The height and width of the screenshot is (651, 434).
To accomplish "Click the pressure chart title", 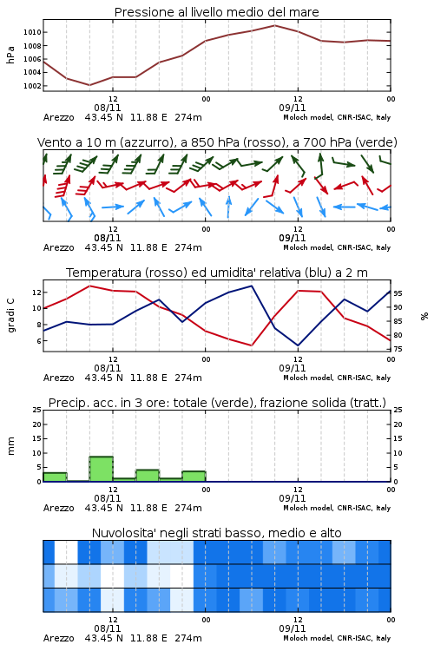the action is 216,12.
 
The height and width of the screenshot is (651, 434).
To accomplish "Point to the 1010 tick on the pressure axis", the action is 32,32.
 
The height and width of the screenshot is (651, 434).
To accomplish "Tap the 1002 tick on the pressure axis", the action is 32,86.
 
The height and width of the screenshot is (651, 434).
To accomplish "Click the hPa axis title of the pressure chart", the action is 10,55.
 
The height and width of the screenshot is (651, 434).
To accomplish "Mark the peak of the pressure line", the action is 274,25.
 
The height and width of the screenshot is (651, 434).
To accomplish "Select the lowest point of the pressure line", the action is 89,85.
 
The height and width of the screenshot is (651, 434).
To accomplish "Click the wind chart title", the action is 217,142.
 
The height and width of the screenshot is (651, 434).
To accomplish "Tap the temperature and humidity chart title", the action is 217,273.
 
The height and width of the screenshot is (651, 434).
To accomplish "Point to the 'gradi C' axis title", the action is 10,316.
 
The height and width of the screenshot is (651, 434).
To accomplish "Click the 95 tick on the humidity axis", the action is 398,293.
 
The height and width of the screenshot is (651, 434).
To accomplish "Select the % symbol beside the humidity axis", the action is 424,316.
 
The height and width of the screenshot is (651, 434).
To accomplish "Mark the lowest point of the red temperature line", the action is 251,345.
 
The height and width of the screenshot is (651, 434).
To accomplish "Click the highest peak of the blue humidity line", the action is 251,286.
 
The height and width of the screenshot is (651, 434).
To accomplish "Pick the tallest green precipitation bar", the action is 102,469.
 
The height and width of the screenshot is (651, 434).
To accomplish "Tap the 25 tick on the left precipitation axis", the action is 37,410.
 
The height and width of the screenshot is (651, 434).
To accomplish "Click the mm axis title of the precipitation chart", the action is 10,446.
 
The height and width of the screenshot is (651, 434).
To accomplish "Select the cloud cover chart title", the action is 216,533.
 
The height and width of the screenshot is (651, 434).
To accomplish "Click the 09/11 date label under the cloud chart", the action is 292,628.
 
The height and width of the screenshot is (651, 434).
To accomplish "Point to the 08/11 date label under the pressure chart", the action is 107,108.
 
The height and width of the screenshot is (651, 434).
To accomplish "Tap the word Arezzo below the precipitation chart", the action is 58,508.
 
